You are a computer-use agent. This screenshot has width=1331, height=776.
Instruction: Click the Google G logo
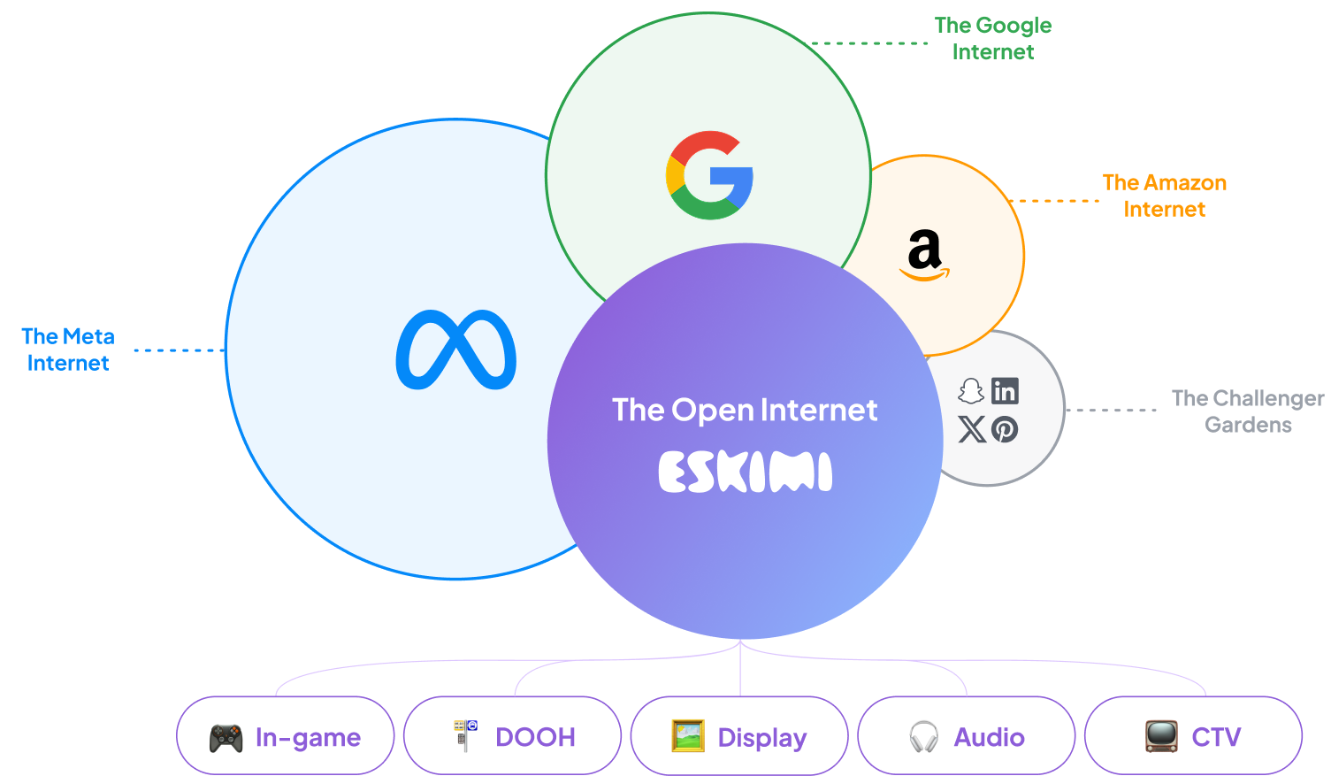(709, 175)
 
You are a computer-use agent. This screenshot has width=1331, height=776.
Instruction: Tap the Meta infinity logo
(456, 350)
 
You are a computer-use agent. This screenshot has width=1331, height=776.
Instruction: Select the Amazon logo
(924, 255)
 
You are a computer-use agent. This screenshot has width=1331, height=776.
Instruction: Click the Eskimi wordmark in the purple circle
(745, 472)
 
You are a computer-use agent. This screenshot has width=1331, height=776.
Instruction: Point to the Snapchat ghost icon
(971, 391)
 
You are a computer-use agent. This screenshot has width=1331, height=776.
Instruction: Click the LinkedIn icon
(1005, 391)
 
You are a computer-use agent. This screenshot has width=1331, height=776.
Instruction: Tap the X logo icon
(971, 430)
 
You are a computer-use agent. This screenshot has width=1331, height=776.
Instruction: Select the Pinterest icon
(1005, 430)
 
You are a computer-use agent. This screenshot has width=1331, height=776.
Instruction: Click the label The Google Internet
(993, 39)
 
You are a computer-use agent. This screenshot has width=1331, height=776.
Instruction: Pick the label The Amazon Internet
(1164, 196)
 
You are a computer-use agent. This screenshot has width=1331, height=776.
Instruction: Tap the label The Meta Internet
(68, 350)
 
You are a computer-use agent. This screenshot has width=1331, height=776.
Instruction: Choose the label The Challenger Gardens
(1248, 411)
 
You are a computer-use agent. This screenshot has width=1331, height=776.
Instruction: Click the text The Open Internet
(745, 410)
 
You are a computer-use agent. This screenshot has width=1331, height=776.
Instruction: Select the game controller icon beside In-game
(226, 737)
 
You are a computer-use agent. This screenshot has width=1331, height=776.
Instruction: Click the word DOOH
(535, 737)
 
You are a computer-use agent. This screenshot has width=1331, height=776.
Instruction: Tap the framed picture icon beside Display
(688, 736)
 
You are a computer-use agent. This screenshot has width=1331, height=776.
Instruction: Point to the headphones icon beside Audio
(923, 737)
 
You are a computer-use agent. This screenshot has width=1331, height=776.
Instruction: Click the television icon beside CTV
(1161, 736)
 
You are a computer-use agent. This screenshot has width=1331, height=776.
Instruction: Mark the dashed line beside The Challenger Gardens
(1112, 410)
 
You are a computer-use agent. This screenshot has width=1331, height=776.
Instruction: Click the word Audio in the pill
(989, 737)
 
